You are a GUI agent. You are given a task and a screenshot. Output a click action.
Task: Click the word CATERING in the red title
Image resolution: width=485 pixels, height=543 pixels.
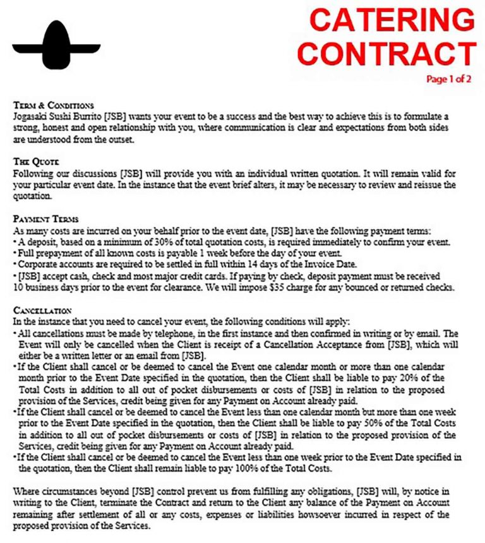coord(392,20)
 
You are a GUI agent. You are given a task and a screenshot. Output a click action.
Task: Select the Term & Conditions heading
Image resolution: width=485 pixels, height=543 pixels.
coord(53,105)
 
